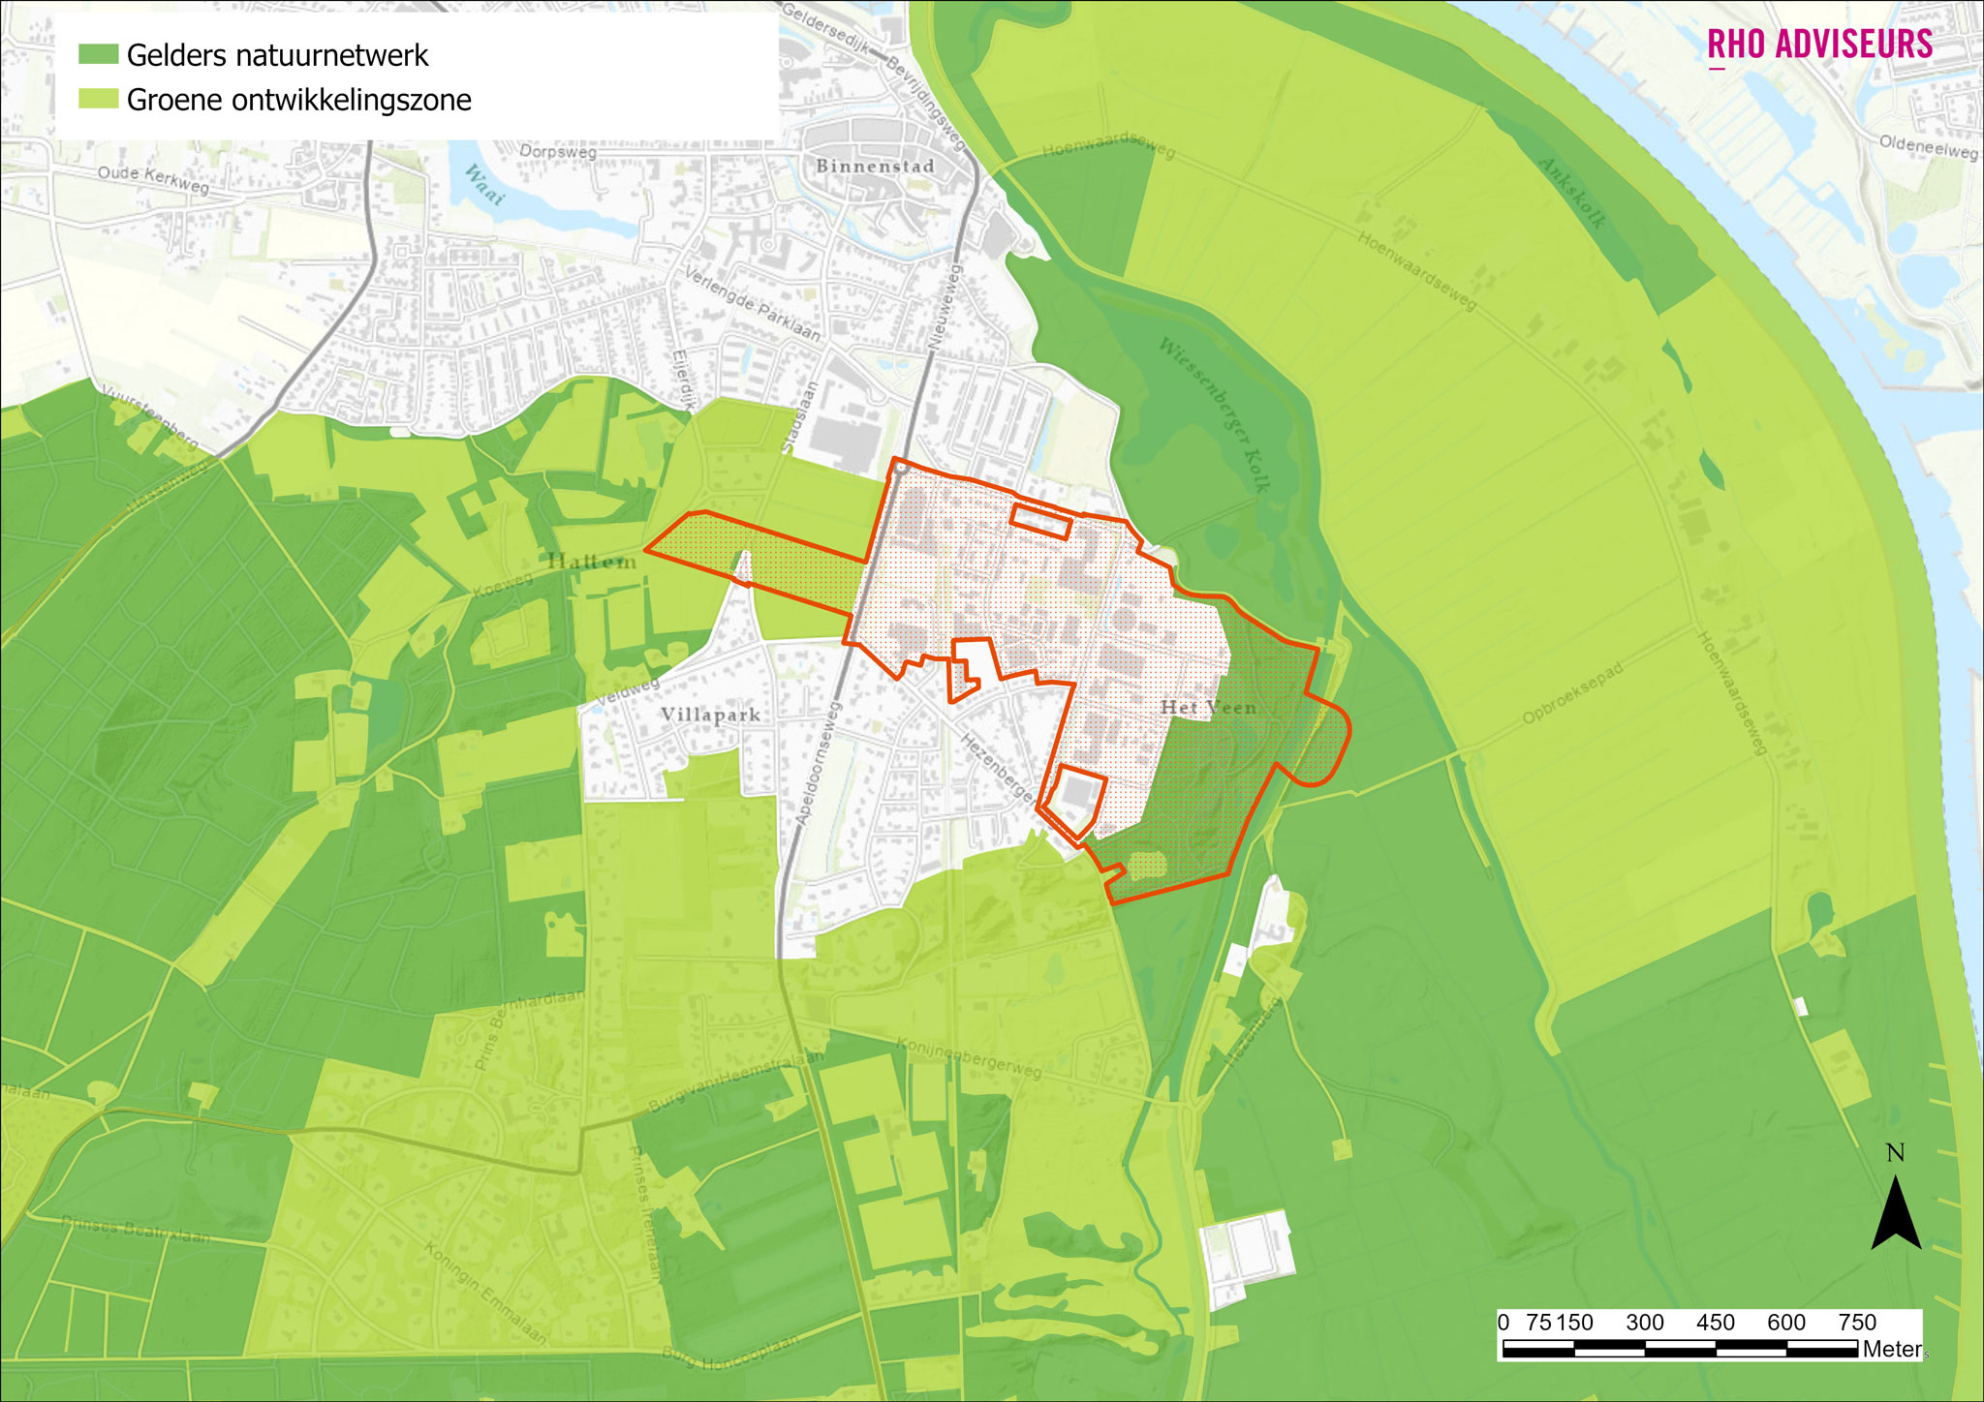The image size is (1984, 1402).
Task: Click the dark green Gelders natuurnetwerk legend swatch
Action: [98, 55]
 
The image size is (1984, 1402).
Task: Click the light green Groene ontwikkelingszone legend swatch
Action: [98, 100]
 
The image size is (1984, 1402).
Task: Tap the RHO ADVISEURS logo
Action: [1819, 46]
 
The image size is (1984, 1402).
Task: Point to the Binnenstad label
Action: [875, 167]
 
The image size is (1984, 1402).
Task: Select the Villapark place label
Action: [710, 715]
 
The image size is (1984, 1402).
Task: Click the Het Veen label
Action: [1208, 708]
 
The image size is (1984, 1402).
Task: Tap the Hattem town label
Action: [592, 562]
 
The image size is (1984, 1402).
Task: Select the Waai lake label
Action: [484, 185]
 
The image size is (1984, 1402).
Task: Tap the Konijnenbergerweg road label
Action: [969, 1058]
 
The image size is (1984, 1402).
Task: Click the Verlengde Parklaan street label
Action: [753, 305]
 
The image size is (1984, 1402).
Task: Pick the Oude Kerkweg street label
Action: [153, 178]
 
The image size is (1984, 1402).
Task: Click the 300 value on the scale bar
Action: [1644, 1323]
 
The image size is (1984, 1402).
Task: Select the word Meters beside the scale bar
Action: [1891, 1349]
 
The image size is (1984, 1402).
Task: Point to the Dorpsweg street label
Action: [558, 152]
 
